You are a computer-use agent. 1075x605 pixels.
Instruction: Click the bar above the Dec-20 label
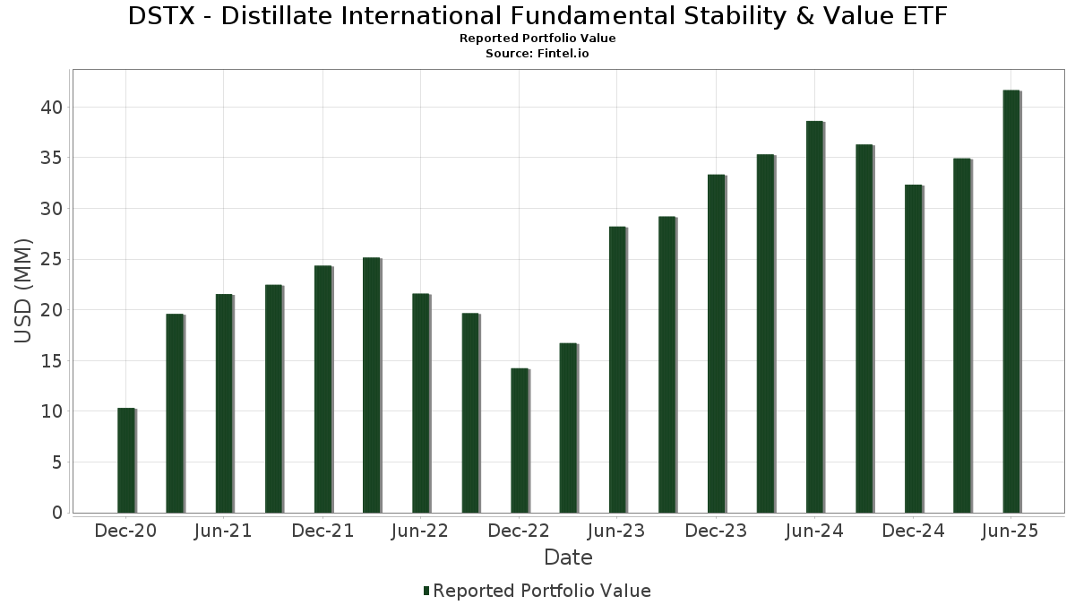coord(125,461)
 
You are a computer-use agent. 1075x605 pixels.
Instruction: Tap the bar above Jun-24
coord(814,317)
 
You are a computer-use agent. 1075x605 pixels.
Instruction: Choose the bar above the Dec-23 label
coord(716,344)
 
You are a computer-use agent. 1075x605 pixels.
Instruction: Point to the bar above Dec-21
coord(322,390)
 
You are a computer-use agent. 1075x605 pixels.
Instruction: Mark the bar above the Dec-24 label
coord(913,349)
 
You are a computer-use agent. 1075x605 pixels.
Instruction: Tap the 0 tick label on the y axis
coord(56,514)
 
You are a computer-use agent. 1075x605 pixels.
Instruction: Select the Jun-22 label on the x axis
coord(420,532)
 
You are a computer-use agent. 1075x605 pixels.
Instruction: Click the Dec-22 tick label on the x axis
coord(519,532)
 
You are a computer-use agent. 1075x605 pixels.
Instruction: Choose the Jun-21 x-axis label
coord(223,532)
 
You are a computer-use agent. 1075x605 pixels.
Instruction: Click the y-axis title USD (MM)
coord(24,290)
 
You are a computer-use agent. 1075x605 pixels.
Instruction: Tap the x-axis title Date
coord(568,557)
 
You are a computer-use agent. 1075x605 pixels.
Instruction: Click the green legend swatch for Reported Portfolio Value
coord(426,591)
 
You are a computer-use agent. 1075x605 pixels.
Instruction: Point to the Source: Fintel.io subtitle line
coord(537,54)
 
